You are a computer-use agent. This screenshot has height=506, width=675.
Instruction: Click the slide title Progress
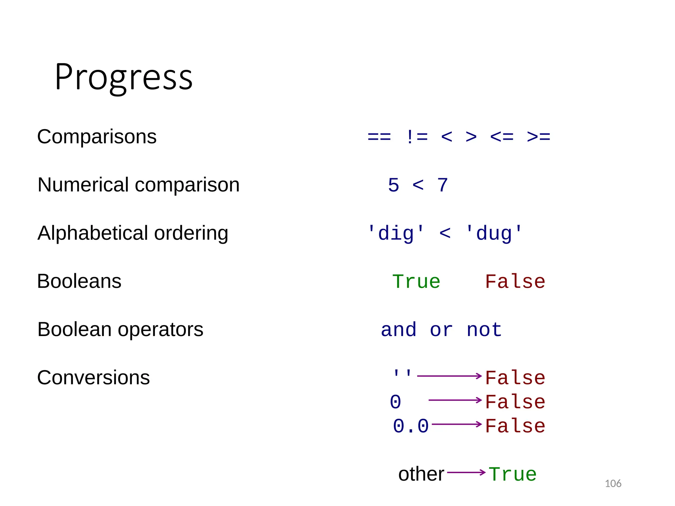(124, 77)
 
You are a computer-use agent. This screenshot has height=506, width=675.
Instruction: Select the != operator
(417, 137)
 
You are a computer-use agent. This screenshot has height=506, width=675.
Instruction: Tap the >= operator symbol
(539, 137)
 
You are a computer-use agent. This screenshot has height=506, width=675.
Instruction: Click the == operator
(379, 137)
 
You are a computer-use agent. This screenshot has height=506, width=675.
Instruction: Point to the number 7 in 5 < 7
(442, 185)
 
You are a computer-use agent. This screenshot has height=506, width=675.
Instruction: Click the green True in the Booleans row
(416, 282)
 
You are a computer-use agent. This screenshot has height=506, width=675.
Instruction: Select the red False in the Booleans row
(515, 282)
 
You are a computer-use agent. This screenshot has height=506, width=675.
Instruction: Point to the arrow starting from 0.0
(457, 424)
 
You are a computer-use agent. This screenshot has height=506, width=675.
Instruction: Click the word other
(421, 474)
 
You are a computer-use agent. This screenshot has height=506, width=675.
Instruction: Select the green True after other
(513, 475)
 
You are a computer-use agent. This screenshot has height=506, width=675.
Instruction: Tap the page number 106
(613, 484)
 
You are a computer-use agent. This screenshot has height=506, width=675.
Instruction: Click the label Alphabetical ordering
(133, 233)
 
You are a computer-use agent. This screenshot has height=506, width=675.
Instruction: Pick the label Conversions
(94, 378)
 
